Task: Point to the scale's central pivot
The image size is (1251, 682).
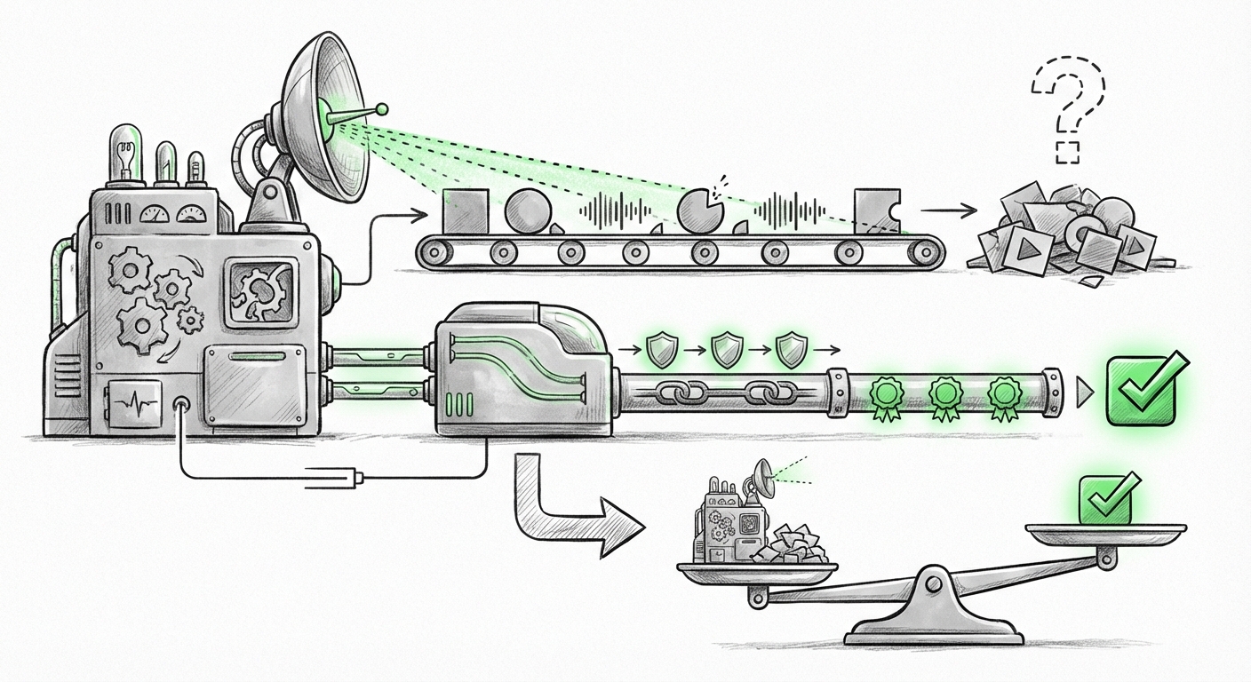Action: coord(934,583)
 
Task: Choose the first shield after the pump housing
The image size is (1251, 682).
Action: coord(660,351)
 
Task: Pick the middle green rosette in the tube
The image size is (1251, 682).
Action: coord(944,393)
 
